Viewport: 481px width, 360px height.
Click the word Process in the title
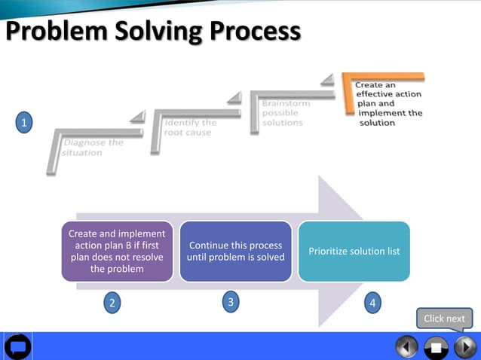point(255,32)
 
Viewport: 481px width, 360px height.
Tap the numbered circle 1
point(25,122)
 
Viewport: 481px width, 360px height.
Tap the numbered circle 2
point(112,304)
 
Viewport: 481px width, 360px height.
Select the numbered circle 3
point(231,302)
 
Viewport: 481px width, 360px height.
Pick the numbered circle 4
point(372,304)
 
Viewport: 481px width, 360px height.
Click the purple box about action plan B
point(117,252)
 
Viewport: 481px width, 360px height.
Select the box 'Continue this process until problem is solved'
point(235,252)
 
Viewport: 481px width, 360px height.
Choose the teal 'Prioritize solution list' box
point(354,252)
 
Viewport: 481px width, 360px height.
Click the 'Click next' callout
point(444,319)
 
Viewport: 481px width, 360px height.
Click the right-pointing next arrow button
point(464,346)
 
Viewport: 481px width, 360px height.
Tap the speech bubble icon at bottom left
point(17,346)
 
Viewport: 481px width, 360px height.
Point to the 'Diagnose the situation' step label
point(93,147)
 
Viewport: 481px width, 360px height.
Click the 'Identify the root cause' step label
point(190,127)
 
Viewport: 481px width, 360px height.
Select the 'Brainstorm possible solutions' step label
point(283,113)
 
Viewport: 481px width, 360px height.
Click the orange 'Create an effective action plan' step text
point(390,104)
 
